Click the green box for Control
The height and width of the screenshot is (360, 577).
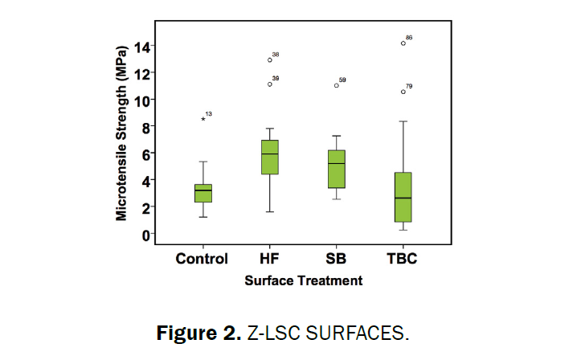click(x=203, y=193)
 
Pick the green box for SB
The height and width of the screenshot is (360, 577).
click(x=337, y=169)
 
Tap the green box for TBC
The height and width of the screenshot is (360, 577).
click(x=403, y=197)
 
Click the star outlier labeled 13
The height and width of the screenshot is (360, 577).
click(x=203, y=119)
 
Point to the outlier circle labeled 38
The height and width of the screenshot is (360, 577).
click(x=270, y=59)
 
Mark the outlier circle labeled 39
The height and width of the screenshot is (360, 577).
click(x=270, y=84)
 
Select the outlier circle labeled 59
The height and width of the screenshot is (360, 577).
click(x=337, y=84)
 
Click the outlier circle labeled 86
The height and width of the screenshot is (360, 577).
click(x=403, y=43)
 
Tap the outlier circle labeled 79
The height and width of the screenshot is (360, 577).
click(x=403, y=92)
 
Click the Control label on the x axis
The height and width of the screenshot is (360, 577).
click(x=203, y=259)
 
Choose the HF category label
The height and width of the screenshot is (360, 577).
click(x=270, y=259)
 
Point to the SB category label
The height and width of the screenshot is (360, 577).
click(x=337, y=259)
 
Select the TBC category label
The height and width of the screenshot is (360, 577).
click(x=403, y=259)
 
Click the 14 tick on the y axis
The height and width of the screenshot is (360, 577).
click(x=141, y=47)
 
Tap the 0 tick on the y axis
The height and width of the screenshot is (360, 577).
click(x=145, y=234)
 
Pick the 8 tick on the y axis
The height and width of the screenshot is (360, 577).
click(x=145, y=127)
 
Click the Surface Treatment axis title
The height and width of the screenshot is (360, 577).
click(x=304, y=280)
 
